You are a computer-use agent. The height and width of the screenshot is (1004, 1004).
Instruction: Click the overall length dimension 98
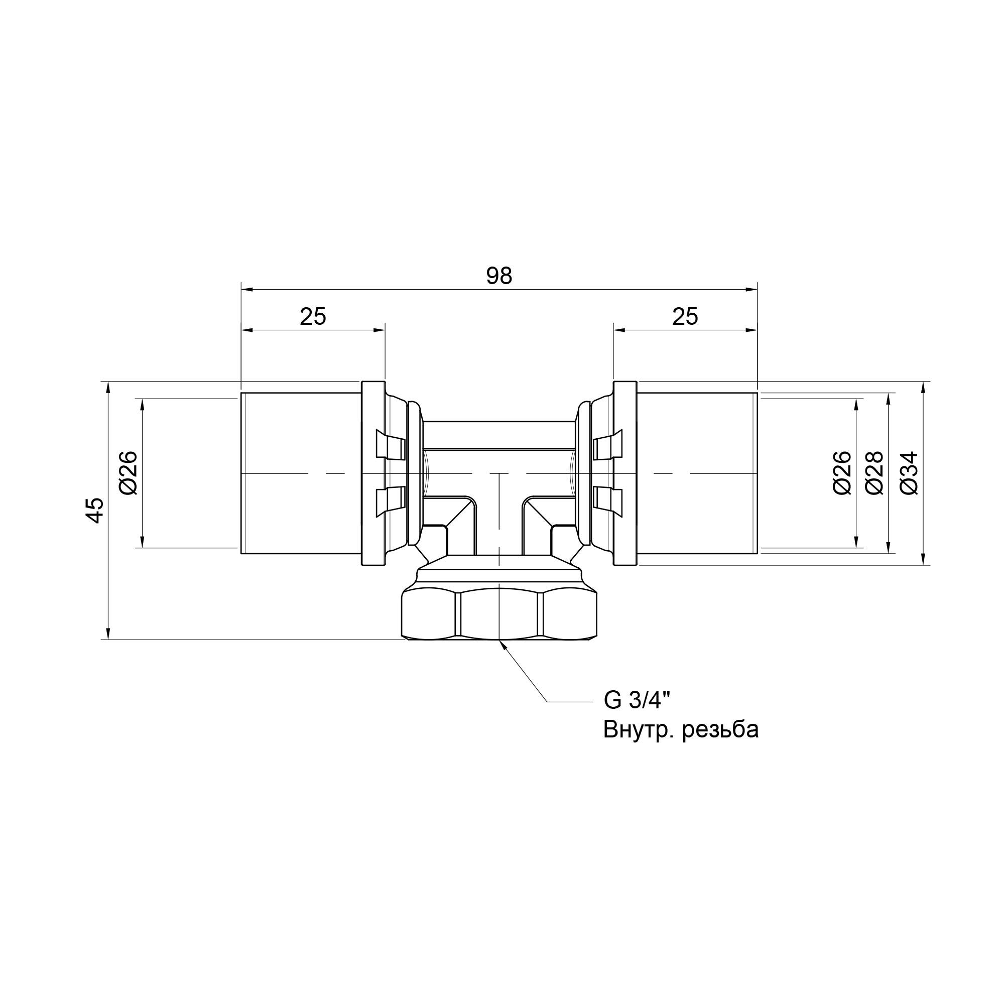(499, 277)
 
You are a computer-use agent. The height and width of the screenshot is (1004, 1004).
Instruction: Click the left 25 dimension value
(313, 316)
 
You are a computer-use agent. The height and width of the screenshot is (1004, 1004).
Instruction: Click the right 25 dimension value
(685, 316)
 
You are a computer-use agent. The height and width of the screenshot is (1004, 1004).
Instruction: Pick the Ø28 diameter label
(874, 472)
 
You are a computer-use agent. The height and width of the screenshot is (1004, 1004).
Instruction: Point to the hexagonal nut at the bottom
(499, 615)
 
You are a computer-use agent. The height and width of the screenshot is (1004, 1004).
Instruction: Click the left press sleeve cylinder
(300, 473)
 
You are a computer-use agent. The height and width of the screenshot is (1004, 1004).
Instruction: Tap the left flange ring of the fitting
(373, 473)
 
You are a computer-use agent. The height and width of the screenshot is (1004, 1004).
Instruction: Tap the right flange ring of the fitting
(625, 473)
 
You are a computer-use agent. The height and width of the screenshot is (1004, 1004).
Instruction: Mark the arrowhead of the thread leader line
(502, 645)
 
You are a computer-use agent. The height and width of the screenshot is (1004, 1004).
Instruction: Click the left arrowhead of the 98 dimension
(246, 290)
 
